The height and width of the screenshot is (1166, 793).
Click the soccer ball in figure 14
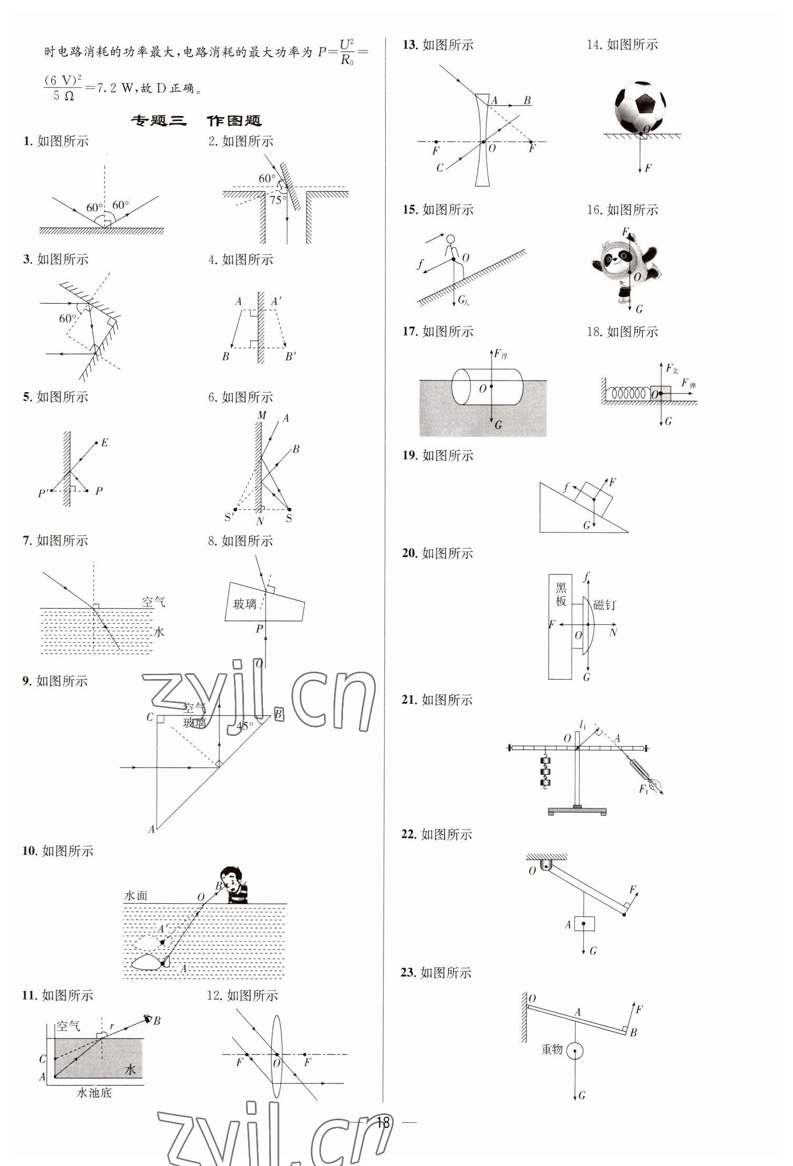point(640,106)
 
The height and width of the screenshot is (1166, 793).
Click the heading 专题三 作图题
point(196,121)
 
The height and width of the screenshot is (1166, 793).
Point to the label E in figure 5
point(104,443)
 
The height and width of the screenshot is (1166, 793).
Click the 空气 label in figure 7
point(153,601)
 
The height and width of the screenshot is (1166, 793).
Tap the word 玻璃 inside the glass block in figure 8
point(245,603)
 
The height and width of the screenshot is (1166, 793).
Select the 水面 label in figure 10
point(135,895)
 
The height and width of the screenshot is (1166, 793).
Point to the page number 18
point(383,1122)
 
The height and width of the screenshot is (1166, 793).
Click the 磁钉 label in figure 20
point(604,605)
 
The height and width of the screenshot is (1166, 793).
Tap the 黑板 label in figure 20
point(561,594)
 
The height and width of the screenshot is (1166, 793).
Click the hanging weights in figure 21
point(545,771)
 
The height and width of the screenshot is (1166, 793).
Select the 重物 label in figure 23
point(552,1049)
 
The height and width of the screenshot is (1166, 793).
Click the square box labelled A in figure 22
point(584,924)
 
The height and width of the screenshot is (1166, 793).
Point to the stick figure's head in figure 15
point(450,240)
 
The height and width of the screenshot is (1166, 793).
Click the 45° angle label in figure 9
point(244,726)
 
